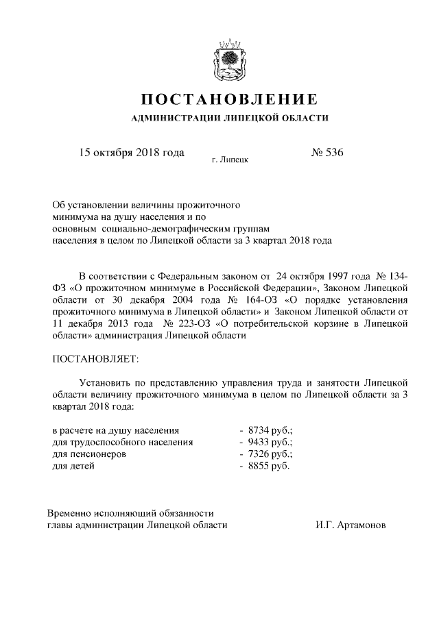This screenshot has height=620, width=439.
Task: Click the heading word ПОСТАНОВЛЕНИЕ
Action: click(230, 98)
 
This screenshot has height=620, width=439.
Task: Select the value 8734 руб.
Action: click(270, 430)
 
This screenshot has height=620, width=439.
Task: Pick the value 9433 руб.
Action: click(270, 443)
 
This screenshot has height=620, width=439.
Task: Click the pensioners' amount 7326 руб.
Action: click(270, 454)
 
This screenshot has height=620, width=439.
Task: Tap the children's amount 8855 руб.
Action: click(268, 467)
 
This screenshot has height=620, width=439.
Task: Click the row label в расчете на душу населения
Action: click(116, 430)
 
